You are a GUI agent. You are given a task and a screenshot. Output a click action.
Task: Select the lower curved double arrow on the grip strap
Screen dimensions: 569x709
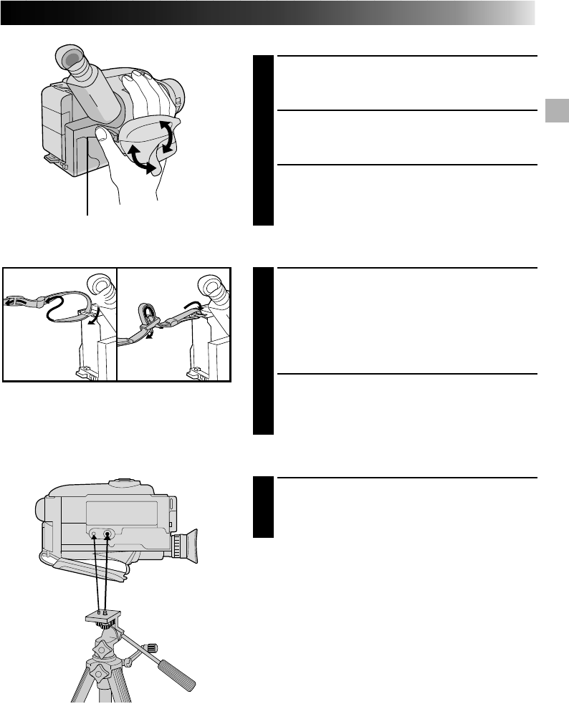click(140, 160)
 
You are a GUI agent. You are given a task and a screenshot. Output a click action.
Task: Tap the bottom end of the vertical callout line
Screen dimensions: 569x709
click(87, 213)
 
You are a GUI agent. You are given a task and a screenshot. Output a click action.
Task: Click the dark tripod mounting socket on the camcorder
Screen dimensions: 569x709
click(107, 534)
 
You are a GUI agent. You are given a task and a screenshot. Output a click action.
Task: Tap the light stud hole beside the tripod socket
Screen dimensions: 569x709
click(93, 534)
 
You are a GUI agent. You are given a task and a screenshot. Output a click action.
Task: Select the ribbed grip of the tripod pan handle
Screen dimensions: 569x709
click(175, 670)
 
